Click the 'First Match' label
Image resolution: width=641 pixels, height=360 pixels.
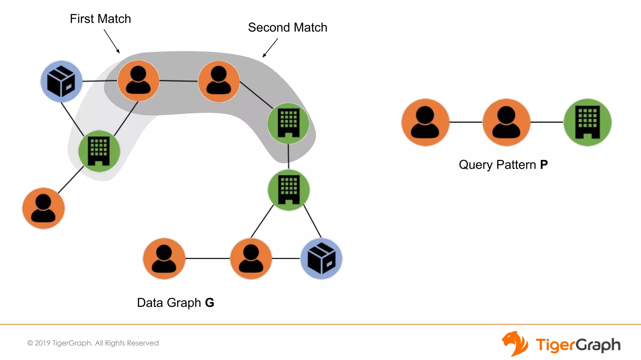click(100, 19)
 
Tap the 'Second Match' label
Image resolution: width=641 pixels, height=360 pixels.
click(287, 27)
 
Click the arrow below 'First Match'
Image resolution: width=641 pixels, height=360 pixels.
click(112, 41)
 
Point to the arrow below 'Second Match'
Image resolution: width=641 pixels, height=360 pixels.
click(270, 48)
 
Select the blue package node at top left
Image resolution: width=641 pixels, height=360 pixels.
click(61, 81)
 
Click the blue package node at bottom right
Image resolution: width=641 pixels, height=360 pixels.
click(321, 259)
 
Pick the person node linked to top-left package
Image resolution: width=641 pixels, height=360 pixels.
click(138, 81)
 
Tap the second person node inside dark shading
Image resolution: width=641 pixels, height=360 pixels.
click(219, 82)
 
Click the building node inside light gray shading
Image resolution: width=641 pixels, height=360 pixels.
click(99, 151)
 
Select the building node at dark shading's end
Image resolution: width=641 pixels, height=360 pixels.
click(288, 123)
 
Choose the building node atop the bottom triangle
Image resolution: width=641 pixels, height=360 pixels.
click(289, 190)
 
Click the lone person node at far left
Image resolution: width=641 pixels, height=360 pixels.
click(43, 208)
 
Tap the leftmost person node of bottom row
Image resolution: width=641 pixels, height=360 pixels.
click(164, 259)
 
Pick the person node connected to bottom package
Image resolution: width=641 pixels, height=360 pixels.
click(251, 259)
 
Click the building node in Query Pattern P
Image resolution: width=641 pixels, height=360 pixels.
click(587, 122)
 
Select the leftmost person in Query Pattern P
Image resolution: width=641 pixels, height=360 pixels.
click(425, 122)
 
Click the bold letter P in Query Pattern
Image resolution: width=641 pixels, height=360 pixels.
click(544, 165)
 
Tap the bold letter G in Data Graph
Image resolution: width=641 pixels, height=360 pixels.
click(209, 303)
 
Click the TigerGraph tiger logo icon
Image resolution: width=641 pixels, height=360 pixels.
click(515, 344)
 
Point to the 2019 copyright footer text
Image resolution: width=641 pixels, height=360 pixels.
click(93, 343)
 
